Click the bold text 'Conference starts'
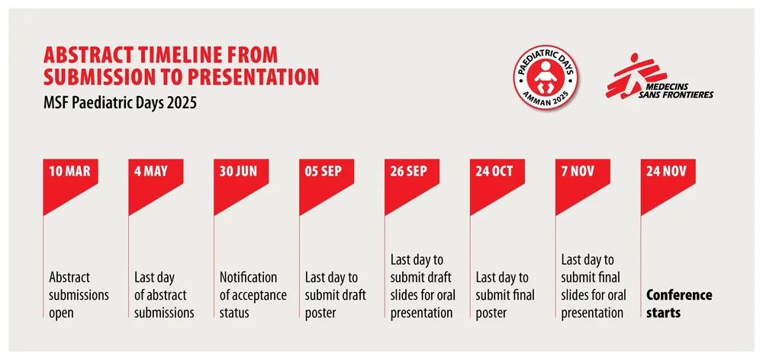(x=679, y=303)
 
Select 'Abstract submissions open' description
(x=79, y=294)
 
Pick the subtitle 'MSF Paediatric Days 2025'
(x=121, y=101)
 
